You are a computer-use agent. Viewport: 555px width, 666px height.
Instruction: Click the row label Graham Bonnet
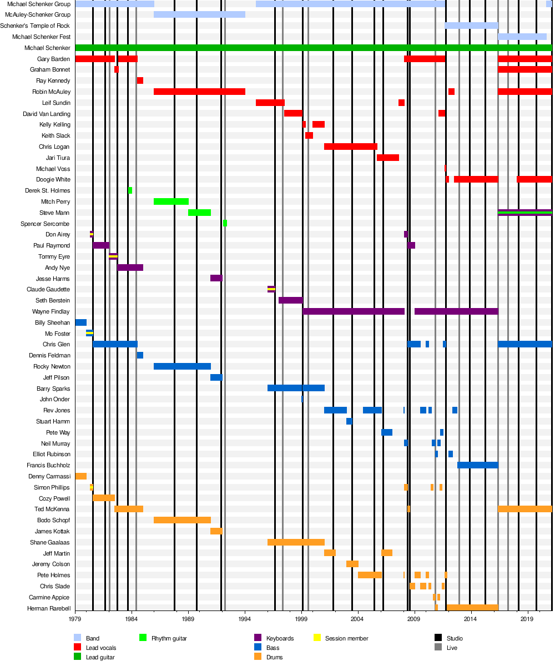point(50,70)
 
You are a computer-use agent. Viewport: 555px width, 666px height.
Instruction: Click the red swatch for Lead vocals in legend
point(77,648)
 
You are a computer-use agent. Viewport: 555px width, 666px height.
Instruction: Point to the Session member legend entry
point(346,638)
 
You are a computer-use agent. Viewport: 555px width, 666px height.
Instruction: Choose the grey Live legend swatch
point(438,648)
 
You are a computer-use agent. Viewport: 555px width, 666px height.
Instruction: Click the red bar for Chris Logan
point(350,147)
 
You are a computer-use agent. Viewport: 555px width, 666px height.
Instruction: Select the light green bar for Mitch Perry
point(171,201)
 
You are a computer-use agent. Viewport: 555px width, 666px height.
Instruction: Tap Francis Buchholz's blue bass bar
point(477,465)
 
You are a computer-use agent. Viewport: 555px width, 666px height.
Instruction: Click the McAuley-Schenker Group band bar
point(199,14)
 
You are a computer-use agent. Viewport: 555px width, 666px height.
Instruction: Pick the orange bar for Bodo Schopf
point(182,520)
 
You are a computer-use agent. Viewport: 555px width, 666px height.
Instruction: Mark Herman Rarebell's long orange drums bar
point(472,608)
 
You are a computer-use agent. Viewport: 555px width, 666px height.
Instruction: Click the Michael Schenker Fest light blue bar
point(522,37)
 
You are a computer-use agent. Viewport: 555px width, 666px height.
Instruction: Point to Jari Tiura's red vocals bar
point(387,158)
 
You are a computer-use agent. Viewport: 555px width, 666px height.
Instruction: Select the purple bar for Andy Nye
point(130,268)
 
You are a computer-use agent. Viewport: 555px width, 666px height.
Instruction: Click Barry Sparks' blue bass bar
point(296,388)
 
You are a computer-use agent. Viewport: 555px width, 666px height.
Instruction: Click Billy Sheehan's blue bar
point(80,322)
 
